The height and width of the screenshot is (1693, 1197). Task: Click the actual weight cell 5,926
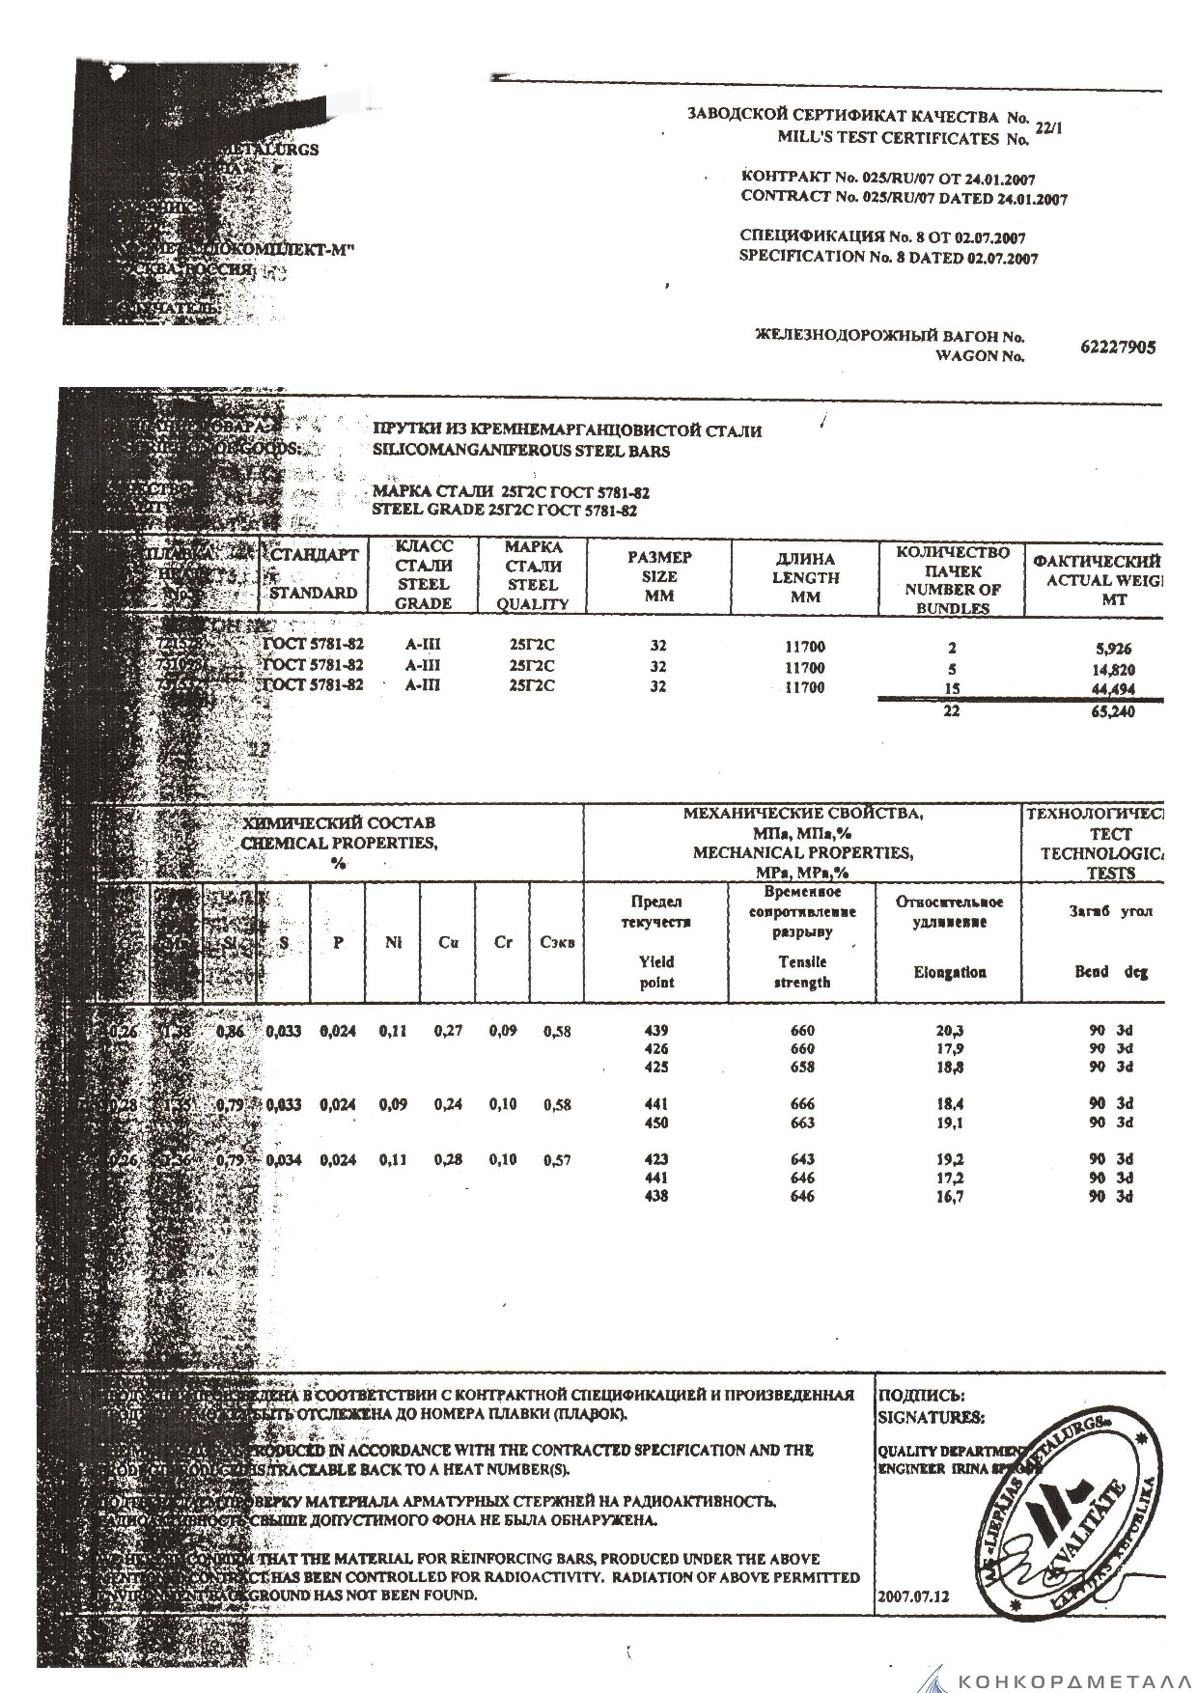[x=1113, y=650]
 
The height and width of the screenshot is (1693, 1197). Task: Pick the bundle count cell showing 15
[x=953, y=688]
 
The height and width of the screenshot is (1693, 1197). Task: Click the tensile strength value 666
[x=801, y=1104]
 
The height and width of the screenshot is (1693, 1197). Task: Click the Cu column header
[x=447, y=943]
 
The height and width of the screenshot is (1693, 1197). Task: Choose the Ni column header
[x=392, y=943]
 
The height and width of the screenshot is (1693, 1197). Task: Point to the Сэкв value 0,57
[x=557, y=1160]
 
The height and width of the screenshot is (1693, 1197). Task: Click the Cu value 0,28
[x=448, y=1160]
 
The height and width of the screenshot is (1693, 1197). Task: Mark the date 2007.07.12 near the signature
[x=913, y=1596]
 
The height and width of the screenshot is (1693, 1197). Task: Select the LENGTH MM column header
[x=805, y=577]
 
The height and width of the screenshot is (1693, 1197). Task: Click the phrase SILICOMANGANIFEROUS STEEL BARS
[x=521, y=451]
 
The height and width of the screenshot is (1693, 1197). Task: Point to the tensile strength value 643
[x=801, y=1159]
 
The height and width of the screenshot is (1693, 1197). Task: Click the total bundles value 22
[x=953, y=711]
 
